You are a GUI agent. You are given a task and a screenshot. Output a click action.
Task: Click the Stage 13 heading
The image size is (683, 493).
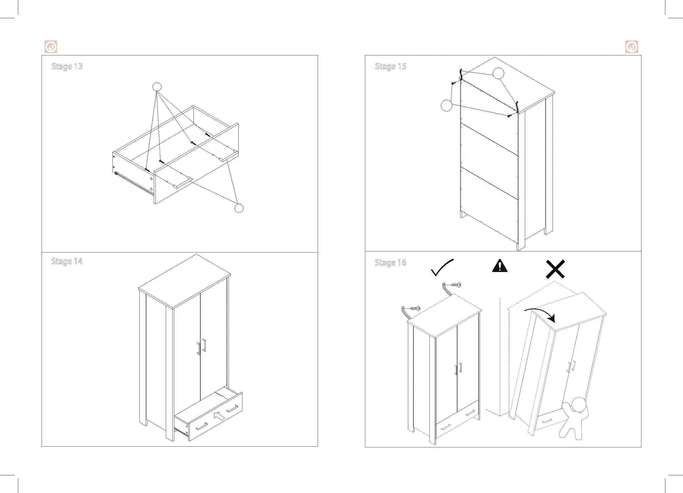67,67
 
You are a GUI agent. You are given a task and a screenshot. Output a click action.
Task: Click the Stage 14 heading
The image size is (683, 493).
67,261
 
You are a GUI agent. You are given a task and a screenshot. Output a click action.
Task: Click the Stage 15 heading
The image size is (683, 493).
390,67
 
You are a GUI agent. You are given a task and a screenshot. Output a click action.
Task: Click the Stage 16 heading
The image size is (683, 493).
390,263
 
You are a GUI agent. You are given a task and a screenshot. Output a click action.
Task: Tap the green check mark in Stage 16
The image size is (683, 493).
441,267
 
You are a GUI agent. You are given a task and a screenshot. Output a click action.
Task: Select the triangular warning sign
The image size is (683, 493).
500,266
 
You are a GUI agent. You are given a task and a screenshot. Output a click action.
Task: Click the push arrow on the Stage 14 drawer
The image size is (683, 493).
219,416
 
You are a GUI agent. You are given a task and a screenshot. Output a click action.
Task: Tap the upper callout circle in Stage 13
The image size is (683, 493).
157,87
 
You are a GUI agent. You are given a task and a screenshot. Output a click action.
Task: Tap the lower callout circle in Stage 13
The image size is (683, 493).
239,208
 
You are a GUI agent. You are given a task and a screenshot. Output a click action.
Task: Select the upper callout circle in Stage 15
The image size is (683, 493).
498,73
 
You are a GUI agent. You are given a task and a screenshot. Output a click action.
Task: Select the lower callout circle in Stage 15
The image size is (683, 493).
446,105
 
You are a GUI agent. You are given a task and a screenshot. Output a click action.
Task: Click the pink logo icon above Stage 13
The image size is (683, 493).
51,47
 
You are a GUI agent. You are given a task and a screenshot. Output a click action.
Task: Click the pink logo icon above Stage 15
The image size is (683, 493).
632,47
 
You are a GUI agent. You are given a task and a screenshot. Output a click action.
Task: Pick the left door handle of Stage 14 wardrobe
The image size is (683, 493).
198,348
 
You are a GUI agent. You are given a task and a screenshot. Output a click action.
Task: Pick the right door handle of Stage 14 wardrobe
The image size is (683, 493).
204,345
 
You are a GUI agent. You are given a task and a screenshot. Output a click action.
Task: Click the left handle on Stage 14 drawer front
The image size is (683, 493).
202,426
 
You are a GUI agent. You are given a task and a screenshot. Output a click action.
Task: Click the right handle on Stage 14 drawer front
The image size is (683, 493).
232,409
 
